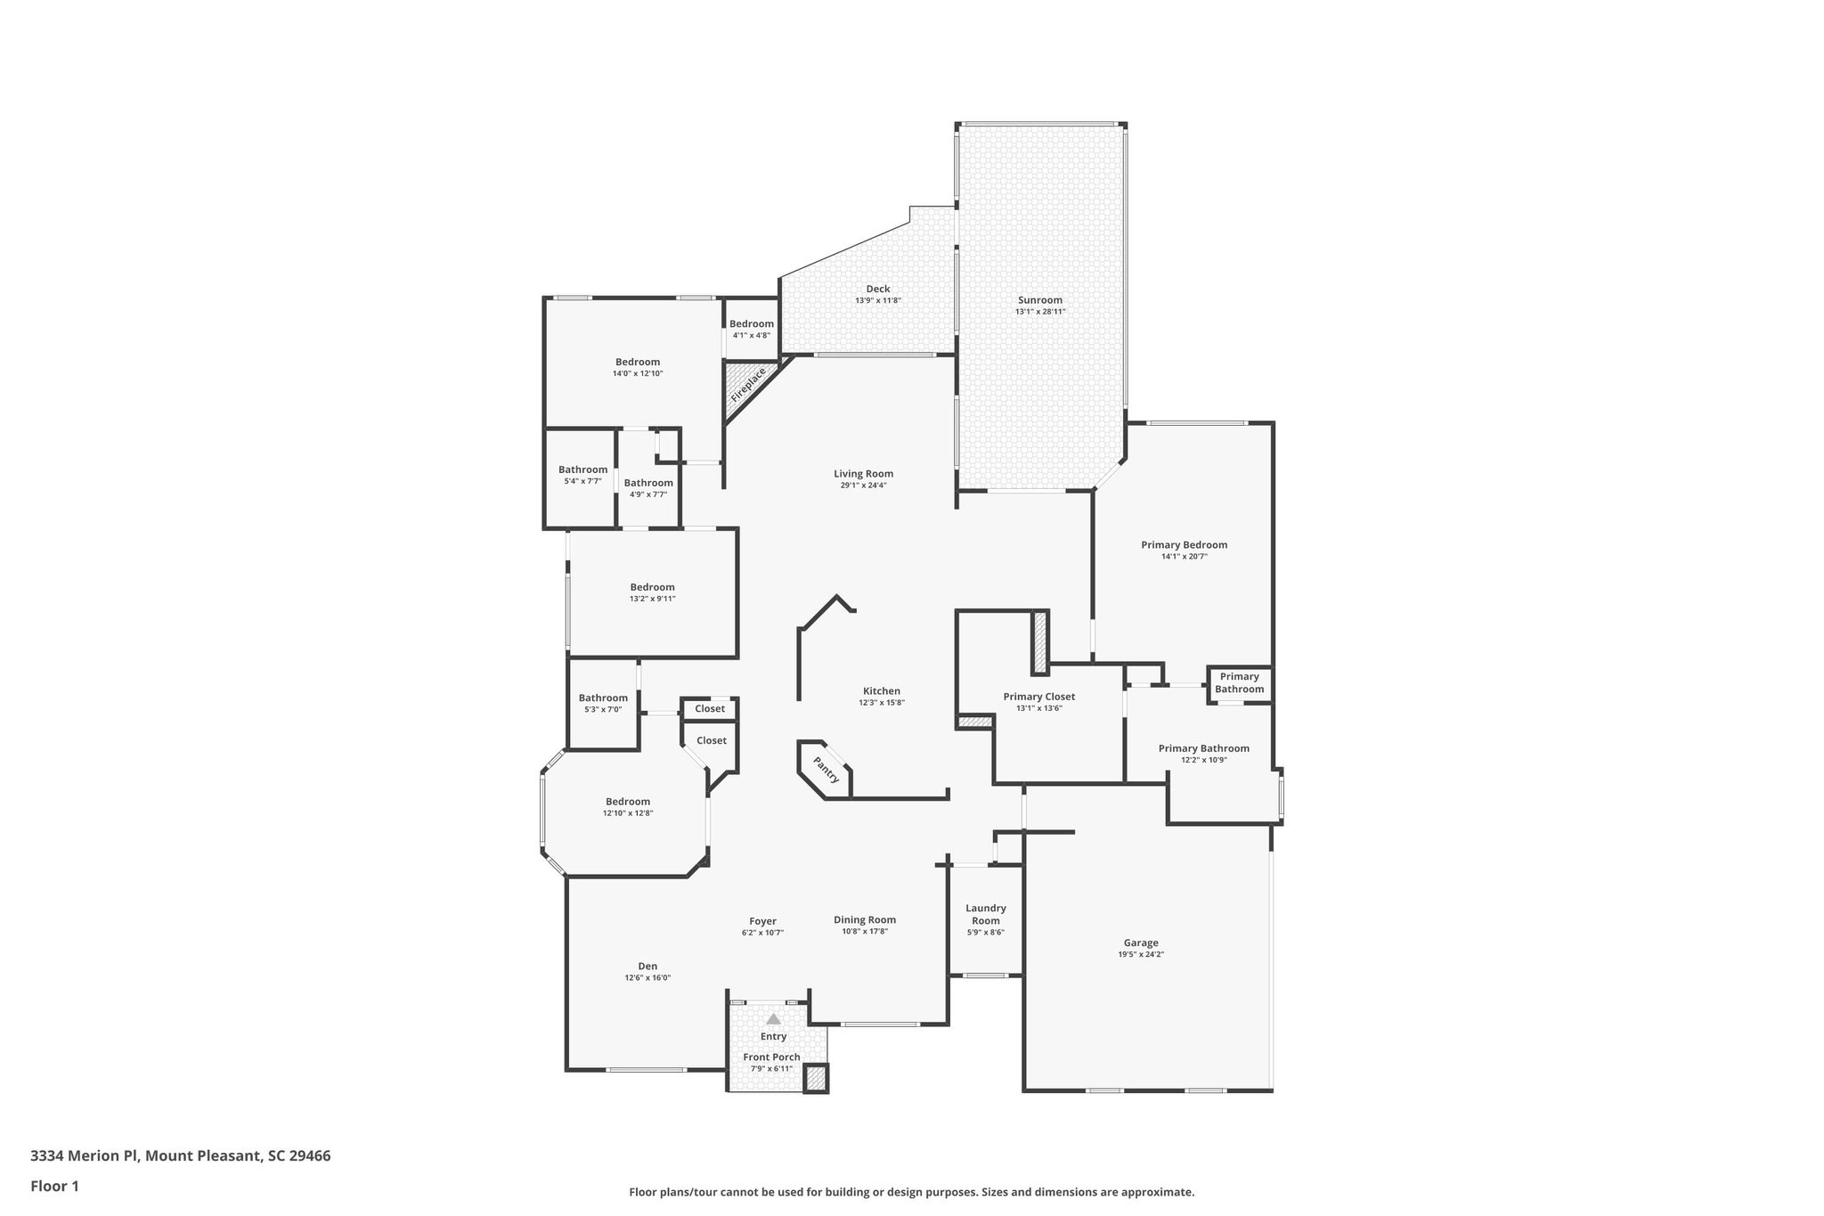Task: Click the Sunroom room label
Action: (x=1039, y=300)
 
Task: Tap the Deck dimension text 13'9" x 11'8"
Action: (x=877, y=301)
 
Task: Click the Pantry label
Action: (x=826, y=770)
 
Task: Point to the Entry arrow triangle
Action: (x=773, y=1018)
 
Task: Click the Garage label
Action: (x=1140, y=943)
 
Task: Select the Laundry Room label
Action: (x=985, y=914)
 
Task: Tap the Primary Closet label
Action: (x=1038, y=697)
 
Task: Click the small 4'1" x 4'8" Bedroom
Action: (x=751, y=329)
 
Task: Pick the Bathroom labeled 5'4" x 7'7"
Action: (x=582, y=475)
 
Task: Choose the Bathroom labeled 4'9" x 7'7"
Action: (x=647, y=488)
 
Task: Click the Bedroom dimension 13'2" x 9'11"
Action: (x=652, y=599)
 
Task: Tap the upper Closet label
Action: (x=710, y=709)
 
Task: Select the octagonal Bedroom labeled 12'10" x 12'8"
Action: (x=628, y=807)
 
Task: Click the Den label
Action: (x=647, y=966)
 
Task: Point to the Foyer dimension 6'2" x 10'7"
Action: (x=762, y=933)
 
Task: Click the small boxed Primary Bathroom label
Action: (x=1239, y=683)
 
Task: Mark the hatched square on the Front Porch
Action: (x=815, y=1078)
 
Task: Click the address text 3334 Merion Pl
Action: (x=85, y=1156)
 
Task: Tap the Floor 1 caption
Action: (x=54, y=1186)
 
